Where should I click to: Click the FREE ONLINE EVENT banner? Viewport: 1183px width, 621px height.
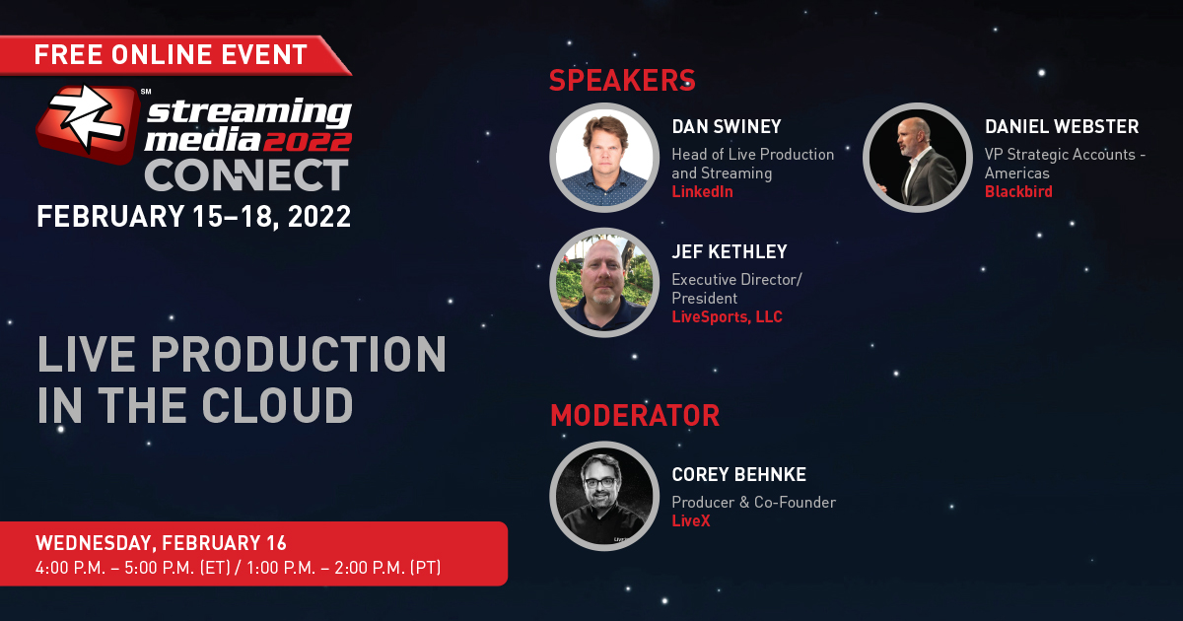(x=174, y=55)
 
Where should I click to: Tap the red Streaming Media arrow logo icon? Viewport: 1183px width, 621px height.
(x=88, y=123)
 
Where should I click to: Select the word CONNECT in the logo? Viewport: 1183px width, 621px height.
(x=246, y=175)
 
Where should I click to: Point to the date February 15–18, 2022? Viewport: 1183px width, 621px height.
(x=194, y=217)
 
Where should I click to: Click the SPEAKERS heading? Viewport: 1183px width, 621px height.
(x=622, y=80)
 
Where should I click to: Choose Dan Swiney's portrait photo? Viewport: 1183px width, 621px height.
(x=604, y=158)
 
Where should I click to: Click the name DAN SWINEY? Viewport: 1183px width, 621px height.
(x=727, y=127)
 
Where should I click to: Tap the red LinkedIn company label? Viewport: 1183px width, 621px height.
(x=702, y=191)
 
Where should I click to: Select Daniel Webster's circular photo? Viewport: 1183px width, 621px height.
(x=918, y=158)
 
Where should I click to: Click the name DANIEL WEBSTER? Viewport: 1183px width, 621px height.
(x=1062, y=127)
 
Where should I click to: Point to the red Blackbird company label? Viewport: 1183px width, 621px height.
(x=1018, y=191)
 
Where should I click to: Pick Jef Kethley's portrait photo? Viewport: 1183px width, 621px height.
(x=604, y=283)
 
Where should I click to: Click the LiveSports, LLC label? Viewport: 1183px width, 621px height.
(x=727, y=316)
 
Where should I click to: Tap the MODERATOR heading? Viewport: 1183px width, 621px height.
(x=635, y=416)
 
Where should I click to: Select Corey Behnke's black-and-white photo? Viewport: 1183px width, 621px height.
(x=604, y=496)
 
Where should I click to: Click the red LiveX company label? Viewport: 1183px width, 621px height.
(x=691, y=521)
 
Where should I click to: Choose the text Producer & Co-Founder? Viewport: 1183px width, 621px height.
(x=753, y=502)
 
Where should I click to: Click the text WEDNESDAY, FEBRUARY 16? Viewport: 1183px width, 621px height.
(x=161, y=543)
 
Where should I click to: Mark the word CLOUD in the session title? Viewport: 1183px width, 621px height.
(x=277, y=405)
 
